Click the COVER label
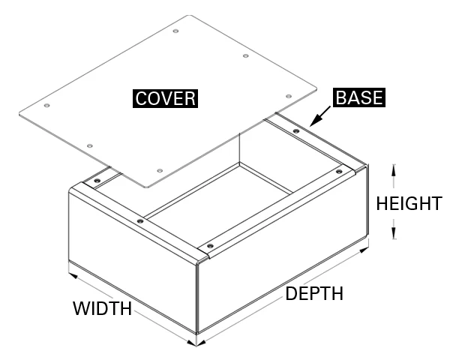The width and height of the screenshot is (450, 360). pos(165,98)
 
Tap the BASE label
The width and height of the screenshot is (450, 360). pos(358,97)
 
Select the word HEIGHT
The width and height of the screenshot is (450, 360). pos(409,203)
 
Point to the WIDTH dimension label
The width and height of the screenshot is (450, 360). pos(102,307)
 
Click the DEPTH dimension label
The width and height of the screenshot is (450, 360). pos(314,293)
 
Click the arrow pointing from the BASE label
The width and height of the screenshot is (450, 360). pos(321,116)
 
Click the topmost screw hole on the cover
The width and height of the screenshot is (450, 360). pos(175,31)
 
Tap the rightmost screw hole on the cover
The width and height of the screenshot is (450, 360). pos(288,97)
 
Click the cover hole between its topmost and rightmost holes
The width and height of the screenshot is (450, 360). pos(245,56)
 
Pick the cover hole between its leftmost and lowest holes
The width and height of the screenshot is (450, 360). pos(89,145)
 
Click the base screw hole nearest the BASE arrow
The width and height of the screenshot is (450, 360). pos(295,130)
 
